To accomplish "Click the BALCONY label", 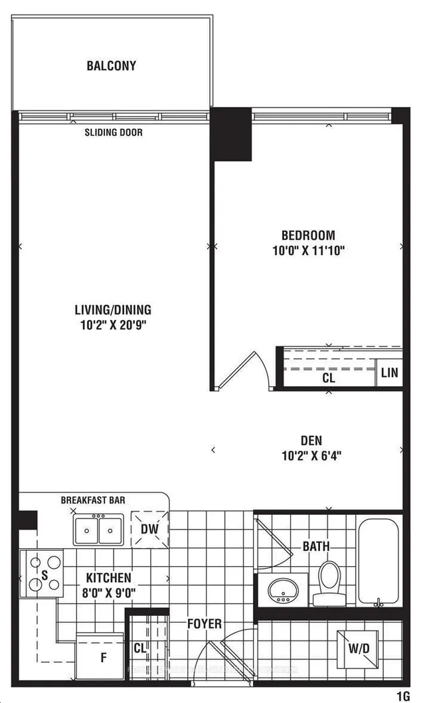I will (111, 66).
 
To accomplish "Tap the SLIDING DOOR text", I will (113, 132).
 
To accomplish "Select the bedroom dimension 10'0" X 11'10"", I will (308, 251).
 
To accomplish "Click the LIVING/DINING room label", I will (112, 310).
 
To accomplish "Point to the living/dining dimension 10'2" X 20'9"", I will (112, 326).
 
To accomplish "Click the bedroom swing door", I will (243, 371).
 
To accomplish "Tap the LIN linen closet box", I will (389, 373).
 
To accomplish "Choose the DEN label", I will (311, 440).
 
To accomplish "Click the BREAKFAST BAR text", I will (93, 500).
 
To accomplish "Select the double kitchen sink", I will (98, 530).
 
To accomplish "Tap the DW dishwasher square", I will (149, 529).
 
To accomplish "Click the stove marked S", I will (42, 573).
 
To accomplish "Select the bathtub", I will (378, 562).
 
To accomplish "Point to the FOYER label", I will (204, 623).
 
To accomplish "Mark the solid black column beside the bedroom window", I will (231, 133).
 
